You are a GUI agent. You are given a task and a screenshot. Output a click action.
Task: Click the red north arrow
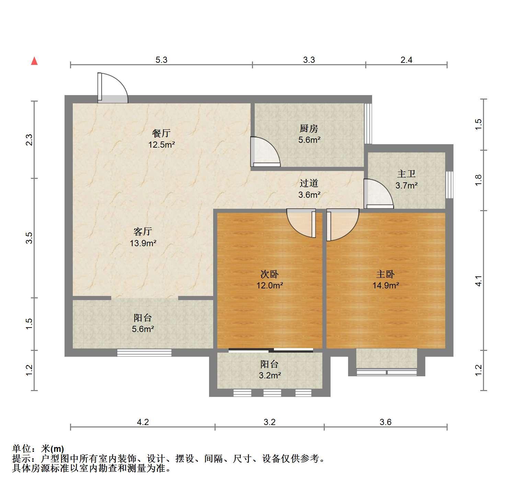[x=34, y=61]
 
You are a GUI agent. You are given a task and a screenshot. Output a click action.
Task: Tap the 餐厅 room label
[x=161, y=133]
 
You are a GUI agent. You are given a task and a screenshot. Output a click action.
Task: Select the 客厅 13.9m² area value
[x=143, y=243]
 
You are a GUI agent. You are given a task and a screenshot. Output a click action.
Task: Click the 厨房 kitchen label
[x=309, y=129]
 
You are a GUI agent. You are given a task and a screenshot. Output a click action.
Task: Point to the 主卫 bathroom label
[x=406, y=174]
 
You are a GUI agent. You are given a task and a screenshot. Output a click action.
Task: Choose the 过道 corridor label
[x=309, y=184]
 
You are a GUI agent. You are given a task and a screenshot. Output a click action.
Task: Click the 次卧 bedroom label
[x=270, y=274]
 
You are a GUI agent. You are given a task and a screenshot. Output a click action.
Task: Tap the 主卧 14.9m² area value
[x=386, y=285]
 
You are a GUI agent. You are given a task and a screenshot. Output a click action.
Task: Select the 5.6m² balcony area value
[x=143, y=329]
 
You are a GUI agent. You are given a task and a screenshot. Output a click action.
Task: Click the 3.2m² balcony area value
[x=270, y=375]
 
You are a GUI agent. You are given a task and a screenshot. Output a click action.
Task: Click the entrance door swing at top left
[x=112, y=88]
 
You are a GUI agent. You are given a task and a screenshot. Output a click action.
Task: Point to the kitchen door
[x=265, y=152]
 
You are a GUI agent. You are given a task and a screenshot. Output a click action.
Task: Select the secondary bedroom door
[x=301, y=223]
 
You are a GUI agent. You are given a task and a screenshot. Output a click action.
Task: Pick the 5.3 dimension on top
[x=161, y=60]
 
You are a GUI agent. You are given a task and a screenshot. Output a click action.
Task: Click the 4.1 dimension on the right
[x=479, y=281]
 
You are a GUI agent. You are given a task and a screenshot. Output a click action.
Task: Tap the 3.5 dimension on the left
[x=30, y=238]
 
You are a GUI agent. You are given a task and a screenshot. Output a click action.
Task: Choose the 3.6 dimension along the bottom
[x=385, y=422]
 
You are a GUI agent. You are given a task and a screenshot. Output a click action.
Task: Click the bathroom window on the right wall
[x=449, y=185]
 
